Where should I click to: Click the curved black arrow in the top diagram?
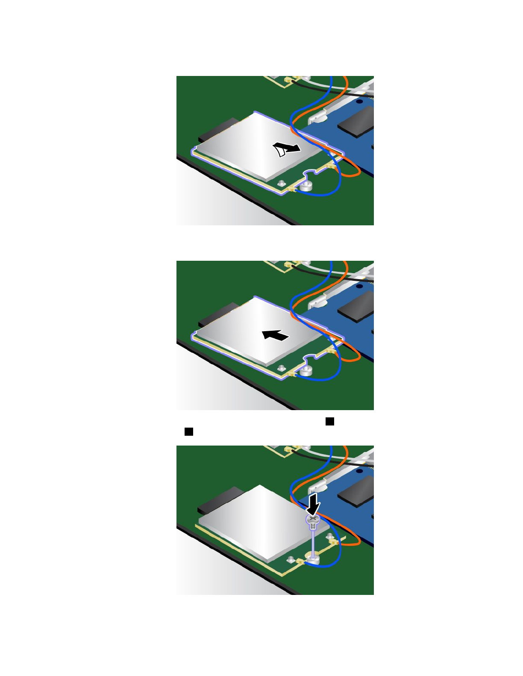coord(286,149)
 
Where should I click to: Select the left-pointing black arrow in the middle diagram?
coord(276,335)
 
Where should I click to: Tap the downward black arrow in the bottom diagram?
coord(314,504)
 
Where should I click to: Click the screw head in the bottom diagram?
coord(313,519)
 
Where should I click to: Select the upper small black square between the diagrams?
coord(330,422)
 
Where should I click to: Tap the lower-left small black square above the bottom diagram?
coord(189,432)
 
